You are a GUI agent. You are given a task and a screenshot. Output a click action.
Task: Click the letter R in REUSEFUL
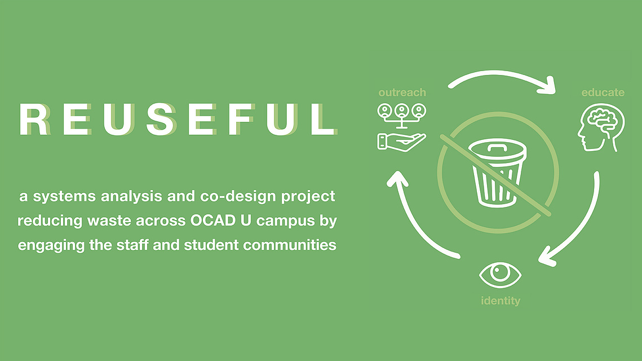pos(34,119)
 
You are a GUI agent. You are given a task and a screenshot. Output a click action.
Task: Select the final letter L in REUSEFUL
pos(324,119)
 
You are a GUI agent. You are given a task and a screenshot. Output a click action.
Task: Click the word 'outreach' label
pos(402,93)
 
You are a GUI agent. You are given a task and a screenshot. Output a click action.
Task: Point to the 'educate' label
pos(603,93)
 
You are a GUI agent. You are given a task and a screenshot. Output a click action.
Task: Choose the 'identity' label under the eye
pos(501,301)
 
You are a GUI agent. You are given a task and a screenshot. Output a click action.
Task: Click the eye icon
pos(500,275)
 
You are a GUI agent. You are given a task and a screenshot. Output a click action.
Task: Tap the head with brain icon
pos(601,127)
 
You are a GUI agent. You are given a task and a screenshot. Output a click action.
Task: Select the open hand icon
pos(401,142)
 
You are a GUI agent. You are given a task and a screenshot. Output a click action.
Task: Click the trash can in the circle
pos(497,172)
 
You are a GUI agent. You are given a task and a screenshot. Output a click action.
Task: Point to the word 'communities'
pos(290,245)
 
